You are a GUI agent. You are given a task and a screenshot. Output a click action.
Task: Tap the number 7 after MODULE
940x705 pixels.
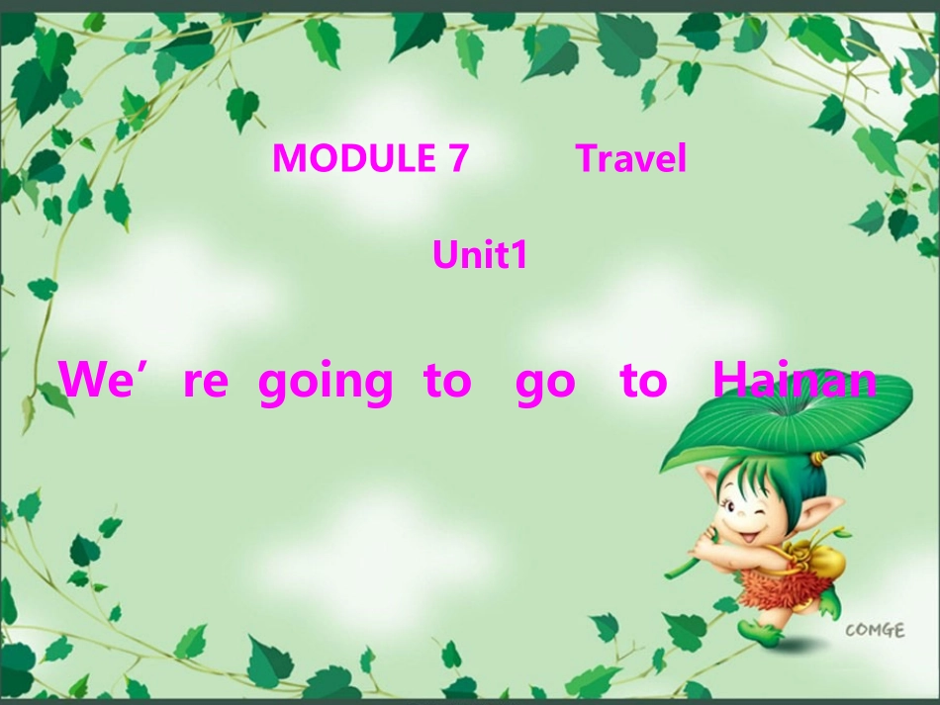tap(456, 158)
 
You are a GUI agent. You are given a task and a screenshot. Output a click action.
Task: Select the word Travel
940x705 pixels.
tap(631, 158)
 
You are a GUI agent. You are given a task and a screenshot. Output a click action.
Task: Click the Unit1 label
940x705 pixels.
tap(480, 256)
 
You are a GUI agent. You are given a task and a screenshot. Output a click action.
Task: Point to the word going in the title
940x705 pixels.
tap(326, 382)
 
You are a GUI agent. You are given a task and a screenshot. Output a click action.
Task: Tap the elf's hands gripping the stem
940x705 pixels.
tap(704, 543)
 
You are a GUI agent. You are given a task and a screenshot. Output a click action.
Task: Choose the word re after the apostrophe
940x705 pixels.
tap(206, 382)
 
